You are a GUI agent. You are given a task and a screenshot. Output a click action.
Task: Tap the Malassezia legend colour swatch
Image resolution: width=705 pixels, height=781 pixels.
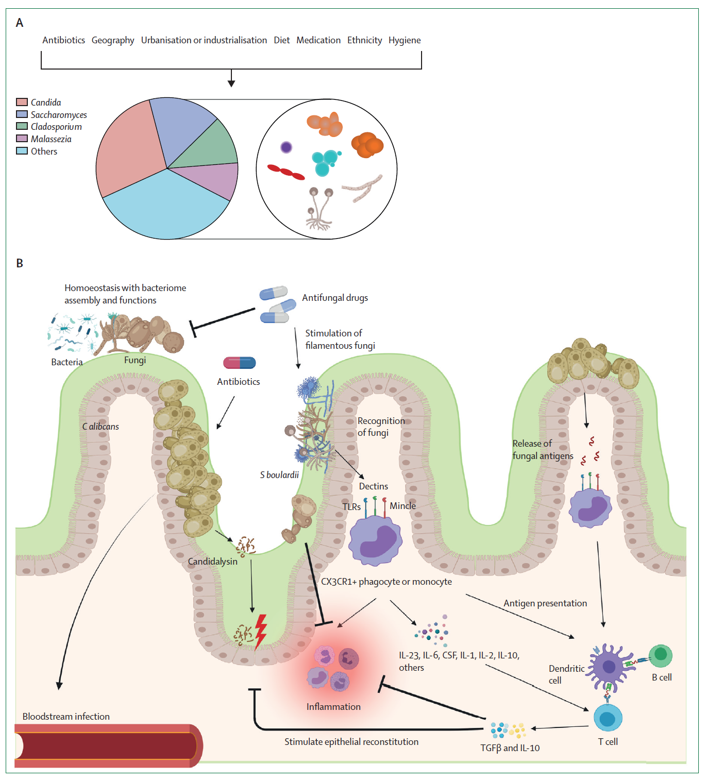(22, 139)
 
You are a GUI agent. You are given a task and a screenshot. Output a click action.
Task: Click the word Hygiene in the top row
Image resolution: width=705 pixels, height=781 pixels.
(405, 40)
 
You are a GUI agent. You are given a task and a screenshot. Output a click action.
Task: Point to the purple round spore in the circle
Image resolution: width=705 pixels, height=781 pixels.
(286, 147)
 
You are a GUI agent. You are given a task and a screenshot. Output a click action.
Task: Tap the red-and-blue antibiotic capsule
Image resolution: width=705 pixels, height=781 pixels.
(239, 363)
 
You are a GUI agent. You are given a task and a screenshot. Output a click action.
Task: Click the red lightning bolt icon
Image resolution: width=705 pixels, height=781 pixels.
(261, 631)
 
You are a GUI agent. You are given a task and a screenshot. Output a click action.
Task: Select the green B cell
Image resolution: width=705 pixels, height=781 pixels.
(661, 655)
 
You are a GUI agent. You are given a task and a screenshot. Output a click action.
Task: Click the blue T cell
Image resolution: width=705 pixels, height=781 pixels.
(608, 718)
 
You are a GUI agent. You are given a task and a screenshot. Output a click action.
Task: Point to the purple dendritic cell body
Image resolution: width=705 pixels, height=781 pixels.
(609, 667)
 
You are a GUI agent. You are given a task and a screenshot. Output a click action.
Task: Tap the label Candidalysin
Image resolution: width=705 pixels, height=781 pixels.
(212, 562)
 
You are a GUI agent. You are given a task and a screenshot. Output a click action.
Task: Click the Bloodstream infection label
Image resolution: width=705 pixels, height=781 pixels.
(66, 717)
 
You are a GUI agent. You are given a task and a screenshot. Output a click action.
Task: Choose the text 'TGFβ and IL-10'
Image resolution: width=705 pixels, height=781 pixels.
(510, 748)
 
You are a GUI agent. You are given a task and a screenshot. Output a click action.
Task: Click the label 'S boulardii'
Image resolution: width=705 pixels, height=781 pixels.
(279, 475)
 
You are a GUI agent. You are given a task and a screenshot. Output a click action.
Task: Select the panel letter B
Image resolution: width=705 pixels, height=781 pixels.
(20, 263)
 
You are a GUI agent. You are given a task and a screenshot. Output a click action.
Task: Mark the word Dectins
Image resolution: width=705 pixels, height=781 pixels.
(373, 486)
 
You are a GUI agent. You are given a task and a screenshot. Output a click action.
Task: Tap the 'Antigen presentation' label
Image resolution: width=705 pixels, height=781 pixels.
(545, 603)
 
